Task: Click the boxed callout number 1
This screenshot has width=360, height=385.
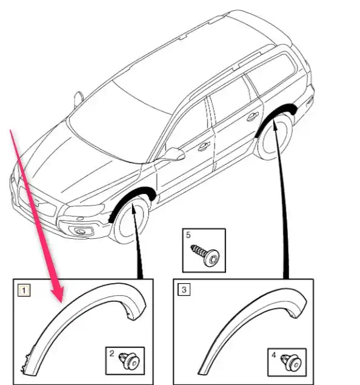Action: coord(24,290)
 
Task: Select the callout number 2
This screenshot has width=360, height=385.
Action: coord(112,353)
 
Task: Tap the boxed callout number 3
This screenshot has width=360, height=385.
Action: coord(184,290)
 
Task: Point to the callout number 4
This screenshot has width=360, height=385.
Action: coord(273,355)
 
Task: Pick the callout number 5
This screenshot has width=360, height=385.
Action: coord(188,235)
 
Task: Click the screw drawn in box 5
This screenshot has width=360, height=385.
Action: coord(205,255)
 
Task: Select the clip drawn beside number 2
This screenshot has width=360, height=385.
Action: coord(129,361)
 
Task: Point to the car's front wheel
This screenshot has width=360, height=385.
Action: coord(130,220)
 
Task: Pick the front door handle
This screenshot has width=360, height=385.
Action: coord(204,147)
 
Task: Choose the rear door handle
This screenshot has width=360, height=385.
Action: coord(253,116)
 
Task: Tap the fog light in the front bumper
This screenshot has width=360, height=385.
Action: coord(81,231)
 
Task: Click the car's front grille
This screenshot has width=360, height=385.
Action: coord(38,203)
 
